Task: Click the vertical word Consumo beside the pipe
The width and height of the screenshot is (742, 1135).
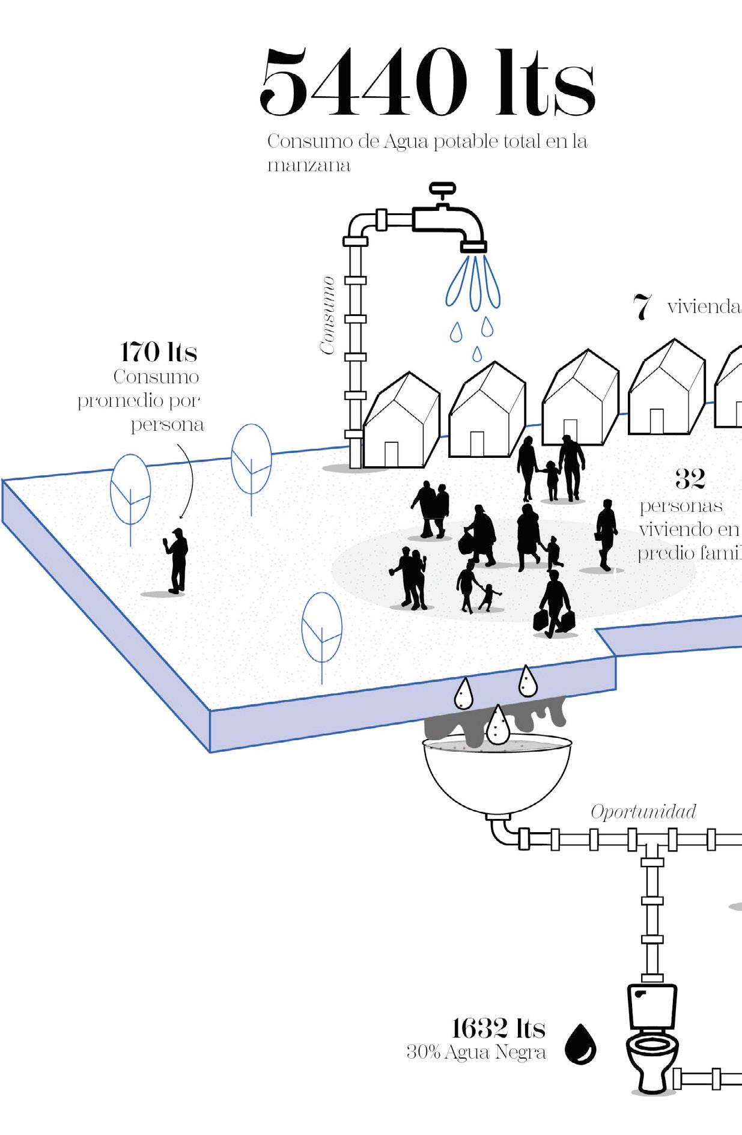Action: (327, 315)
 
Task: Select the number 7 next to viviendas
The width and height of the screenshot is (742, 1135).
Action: (642, 307)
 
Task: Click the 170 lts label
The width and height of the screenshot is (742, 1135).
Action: (159, 352)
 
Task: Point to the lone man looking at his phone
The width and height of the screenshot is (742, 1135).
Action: (177, 560)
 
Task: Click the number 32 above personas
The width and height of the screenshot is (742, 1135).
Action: (689, 479)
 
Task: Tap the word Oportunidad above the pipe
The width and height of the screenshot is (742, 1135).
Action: (643, 812)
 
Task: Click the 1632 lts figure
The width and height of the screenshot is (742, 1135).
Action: (498, 1029)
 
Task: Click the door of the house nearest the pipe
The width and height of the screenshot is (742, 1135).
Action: (391, 454)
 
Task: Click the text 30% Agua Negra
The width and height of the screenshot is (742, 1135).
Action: (476, 1053)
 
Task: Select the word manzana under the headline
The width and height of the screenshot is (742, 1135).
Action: (309, 165)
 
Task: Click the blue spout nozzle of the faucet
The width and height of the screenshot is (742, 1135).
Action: (473, 246)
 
